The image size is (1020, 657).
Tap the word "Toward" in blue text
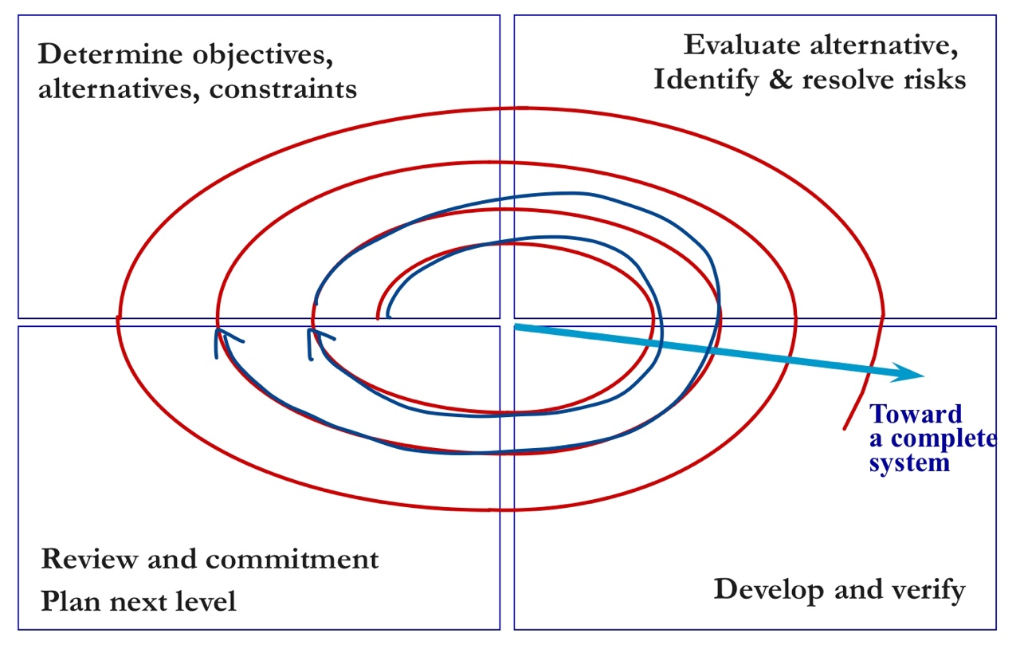[916, 414]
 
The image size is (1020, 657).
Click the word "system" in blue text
[909, 462]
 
